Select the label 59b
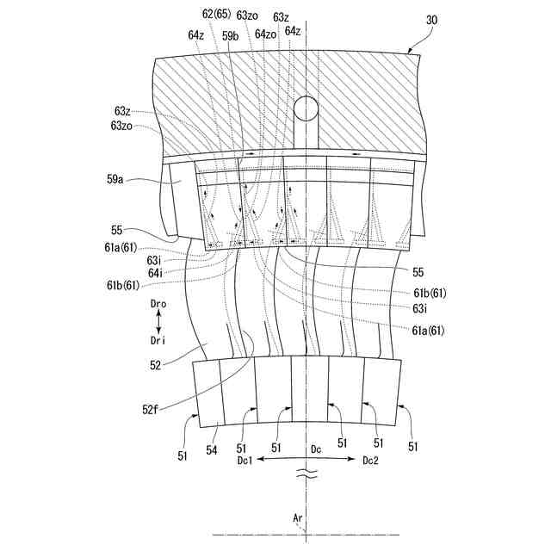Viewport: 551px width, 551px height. coord(230,35)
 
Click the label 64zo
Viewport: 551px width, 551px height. coord(266,35)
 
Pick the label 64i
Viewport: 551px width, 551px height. coord(155,272)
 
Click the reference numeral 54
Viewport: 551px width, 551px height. coord(212,449)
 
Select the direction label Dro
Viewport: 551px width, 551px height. coord(159,305)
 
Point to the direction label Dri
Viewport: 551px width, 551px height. coord(159,340)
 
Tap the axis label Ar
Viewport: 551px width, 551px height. coord(298,519)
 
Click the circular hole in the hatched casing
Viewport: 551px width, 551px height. coord(306,108)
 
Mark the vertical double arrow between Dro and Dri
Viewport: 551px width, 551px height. coord(159,323)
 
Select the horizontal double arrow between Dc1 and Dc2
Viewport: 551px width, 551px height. coord(307,461)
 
